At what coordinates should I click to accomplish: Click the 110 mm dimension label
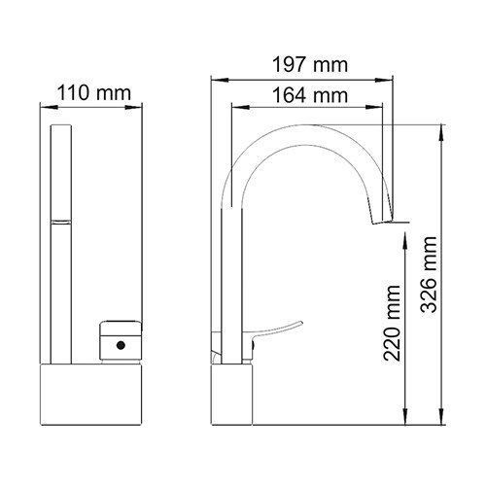click(94, 93)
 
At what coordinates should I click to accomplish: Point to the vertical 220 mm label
click(394, 324)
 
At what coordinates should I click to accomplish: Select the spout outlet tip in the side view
click(384, 222)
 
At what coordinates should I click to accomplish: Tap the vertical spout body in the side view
click(232, 282)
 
